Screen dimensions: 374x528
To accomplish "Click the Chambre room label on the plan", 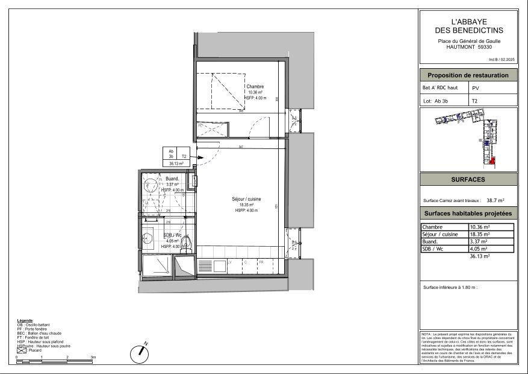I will click(255, 87).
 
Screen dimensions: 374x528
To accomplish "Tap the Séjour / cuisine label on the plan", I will click(246, 199).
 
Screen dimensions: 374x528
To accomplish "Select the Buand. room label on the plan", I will click(172, 179).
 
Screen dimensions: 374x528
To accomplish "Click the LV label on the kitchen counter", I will click(229, 262).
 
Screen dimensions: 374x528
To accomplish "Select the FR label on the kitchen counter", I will click(261, 262).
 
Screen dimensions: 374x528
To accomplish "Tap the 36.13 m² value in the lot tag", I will click(176, 163).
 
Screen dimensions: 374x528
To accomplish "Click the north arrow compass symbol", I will click(140, 352).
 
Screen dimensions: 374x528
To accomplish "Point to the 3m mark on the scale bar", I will click(93, 358).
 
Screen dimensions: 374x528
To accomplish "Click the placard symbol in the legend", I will click(21, 350).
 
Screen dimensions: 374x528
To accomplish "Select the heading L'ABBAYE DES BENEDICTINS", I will click(468, 26).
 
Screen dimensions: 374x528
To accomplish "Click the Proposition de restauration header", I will click(468, 75).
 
